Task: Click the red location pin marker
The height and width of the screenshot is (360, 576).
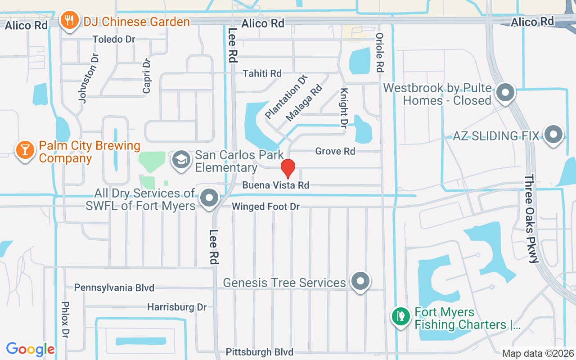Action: pos(288,168)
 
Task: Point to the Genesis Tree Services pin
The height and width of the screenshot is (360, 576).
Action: pos(360,281)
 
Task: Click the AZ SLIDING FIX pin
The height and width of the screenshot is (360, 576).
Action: pos(553,135)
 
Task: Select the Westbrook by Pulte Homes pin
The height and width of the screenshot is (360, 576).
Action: pos(505,93)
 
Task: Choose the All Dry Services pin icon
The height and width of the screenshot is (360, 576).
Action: pos(209,198)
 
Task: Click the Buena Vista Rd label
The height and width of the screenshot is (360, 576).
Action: pos(276,185)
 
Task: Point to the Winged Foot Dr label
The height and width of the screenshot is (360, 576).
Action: pos(265,207)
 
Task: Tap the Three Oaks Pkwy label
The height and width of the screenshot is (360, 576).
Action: pos(531,218)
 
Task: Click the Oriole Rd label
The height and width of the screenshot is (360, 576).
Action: pos(380,53)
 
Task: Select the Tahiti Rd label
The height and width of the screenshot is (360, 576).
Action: pos(262,73)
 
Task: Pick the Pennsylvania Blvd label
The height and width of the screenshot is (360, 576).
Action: pos(114,288)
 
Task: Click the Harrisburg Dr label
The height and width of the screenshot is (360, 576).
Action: pos(177,307)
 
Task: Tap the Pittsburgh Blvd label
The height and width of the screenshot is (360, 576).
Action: pos(260,352)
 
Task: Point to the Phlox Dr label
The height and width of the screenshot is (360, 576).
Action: pos(66,319)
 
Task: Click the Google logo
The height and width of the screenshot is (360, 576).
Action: pos(30,349)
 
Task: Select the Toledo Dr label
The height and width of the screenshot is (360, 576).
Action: pos(114,39)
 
